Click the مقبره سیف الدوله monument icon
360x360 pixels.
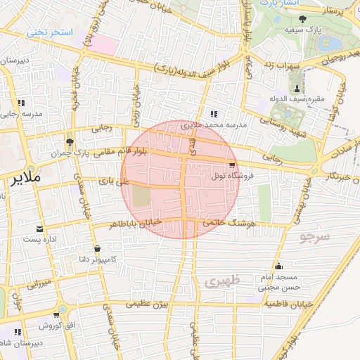point(297,88)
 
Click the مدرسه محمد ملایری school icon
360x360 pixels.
point(214,113)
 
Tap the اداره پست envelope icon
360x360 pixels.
point(39,229)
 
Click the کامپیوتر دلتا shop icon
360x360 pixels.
point(96,248)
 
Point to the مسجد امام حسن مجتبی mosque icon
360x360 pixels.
point(279,266)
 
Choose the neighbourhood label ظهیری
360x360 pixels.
point(224,281)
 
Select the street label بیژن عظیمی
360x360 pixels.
point(148,304)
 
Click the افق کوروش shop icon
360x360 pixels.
point(18,330)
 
